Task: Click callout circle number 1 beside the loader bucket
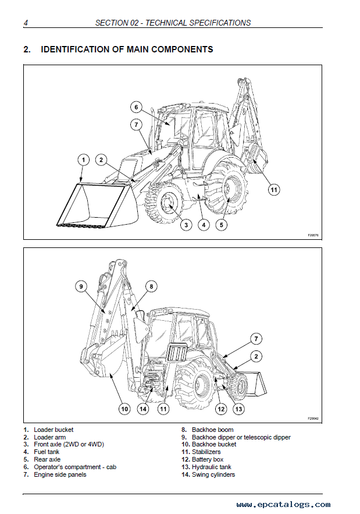83,159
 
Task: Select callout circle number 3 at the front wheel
186,224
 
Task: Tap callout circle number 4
204,224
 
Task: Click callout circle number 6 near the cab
136,107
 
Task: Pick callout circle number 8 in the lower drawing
151,286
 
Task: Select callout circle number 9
81,286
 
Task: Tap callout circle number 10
124,409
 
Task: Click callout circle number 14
143,409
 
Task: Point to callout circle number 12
221,409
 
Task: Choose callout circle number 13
240,409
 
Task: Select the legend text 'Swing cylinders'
213,474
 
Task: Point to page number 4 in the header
26,23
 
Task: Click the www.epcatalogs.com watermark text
283,505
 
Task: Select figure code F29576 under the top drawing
313,235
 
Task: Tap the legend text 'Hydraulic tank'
212,467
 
